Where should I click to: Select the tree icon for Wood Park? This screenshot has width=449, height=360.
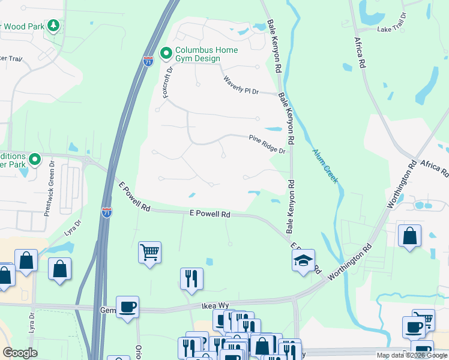(x=54, y=26)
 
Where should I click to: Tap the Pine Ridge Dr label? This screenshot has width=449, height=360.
(x=267, y=143)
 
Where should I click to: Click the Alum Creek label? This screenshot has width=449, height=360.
(x=325, y=162)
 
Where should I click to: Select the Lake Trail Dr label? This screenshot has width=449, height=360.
(x=392, y=29)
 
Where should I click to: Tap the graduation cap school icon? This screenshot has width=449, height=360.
(x=304, y=260)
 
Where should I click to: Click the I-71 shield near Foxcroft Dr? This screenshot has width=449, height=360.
(x=148, y=61)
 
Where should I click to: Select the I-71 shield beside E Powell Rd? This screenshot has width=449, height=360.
(x=107, y=212)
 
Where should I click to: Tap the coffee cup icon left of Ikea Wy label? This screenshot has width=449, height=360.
(x=127, y=307)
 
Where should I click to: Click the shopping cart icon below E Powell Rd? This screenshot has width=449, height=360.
(x=149, y=251)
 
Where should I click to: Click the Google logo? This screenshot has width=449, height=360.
(x=20, y=353)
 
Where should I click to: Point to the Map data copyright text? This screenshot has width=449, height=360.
(x=411, y=355)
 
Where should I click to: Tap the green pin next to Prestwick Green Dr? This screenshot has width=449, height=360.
(x=35, y=159)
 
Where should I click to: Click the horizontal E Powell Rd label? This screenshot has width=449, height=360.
(x=210, y=214)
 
